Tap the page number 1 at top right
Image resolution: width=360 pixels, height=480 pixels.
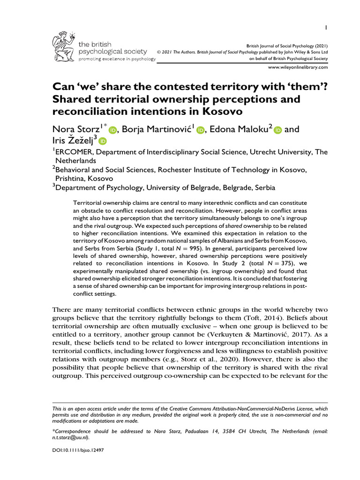(326, 28)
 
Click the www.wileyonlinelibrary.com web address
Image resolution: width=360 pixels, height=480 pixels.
(298, 67)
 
